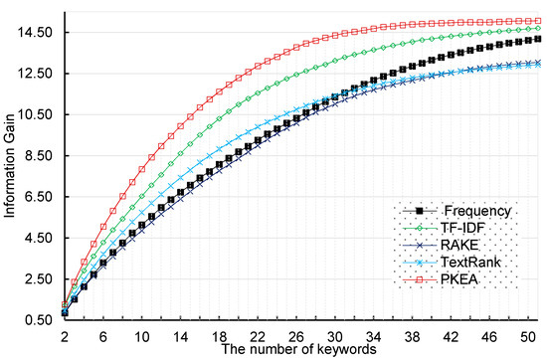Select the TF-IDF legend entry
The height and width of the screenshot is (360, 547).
[465, 230]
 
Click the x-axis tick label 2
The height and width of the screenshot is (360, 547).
[65, 336]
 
